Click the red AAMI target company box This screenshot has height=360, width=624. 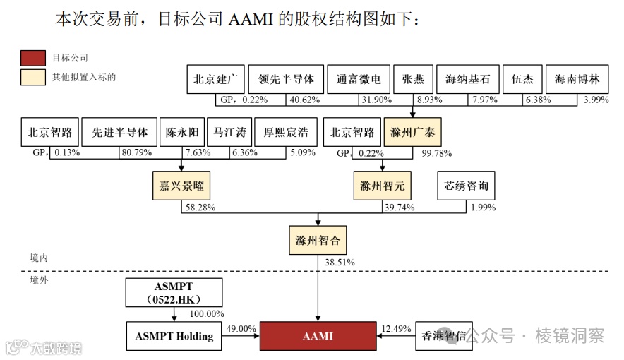pyautogui.click(x=317, y=336)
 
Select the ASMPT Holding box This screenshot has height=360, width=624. pyautogui.click(x=174, y=336)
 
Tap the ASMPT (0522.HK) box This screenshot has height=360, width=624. pyautogui.click(x=174, y=293)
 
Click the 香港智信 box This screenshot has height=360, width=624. pyautogui.click(x=443, y=336)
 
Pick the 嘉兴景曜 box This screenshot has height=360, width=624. pyautogui.click(x=181, y=186)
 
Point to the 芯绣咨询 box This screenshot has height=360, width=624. pyautogui.click(x=466, y=186)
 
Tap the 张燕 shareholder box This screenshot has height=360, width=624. pyautogui.click(x=412, y=79)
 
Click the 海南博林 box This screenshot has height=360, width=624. pyautogui.click(x=577, y=79)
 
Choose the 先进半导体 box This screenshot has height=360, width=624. pyautogui.click(x=119, y=132)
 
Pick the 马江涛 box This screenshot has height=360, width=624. pyautogui.click(x=229, y=132)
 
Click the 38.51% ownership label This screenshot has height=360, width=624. pyautogui.click(x=340, y=262)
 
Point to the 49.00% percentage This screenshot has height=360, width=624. pyautogui.click(x=240, y=329)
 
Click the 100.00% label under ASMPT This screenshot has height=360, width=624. pyautogui.click(x=207, y=313)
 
